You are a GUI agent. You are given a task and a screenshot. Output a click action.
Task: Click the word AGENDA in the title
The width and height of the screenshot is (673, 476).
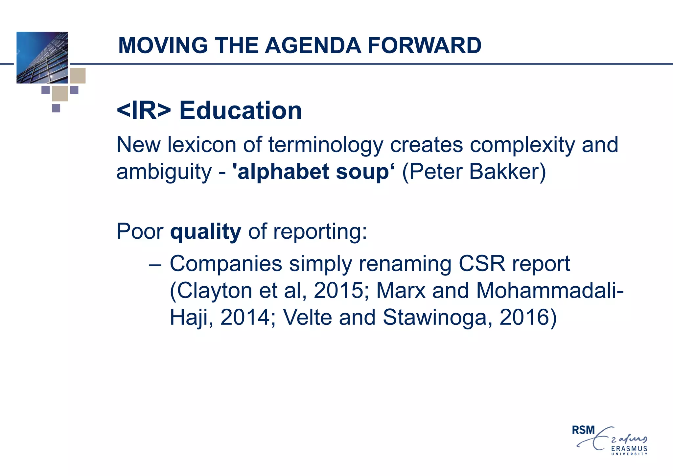(313, 45)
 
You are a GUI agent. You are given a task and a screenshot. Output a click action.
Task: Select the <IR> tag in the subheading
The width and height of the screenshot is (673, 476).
(144, 110)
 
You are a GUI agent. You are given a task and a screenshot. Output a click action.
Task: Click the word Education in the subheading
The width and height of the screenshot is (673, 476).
(241, 110)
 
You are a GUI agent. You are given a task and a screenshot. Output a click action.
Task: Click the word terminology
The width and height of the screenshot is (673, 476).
(326, 145)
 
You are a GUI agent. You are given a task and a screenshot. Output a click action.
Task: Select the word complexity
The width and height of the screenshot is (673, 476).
(522, 145)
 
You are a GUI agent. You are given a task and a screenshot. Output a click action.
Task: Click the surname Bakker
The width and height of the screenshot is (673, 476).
(507, 172)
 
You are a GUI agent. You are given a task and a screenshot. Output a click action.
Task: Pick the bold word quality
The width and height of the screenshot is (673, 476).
(206, 232)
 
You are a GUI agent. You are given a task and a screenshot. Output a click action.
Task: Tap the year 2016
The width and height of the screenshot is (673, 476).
(524, 318)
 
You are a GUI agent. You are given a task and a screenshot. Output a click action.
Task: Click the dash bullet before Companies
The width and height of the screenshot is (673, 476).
(155, 264)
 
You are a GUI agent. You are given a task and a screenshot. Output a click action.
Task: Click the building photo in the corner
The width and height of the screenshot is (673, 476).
(42, 58)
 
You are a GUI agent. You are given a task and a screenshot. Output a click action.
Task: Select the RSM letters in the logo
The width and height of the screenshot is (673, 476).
(583, 430)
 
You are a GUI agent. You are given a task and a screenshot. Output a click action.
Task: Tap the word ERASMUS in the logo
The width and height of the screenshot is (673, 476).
(629, 449)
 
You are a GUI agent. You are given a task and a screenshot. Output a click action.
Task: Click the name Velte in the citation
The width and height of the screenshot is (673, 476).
(307, 318)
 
